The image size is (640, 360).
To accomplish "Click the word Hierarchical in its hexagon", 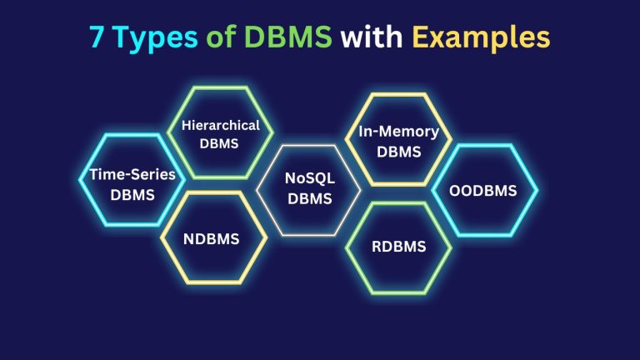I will (214, 126).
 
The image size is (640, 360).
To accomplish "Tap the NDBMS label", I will (211, 239).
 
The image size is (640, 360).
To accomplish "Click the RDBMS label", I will (398, 246).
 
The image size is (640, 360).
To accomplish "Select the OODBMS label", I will (484, 191).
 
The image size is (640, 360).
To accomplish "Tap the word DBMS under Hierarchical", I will (214, 142).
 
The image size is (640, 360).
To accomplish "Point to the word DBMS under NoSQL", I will (309, 198).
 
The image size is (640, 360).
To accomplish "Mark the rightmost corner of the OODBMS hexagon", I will (537, 191).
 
